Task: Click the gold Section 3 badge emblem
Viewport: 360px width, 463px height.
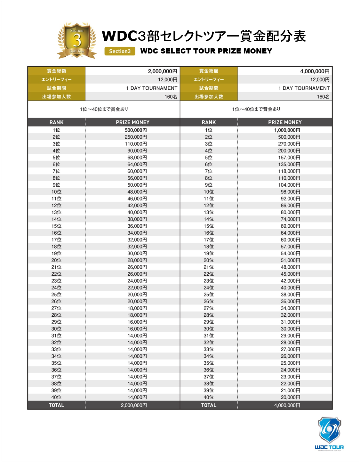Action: (x=77, y=40)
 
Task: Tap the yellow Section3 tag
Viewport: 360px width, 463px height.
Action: (x=120, y=51)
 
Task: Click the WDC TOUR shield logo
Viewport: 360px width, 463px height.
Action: (x=329, y=430)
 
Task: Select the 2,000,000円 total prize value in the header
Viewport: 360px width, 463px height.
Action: (x=162, y=71)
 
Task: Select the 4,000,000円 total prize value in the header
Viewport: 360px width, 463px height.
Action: (x=315, y=71)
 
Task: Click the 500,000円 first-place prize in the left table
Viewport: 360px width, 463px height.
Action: (x=136, y=130)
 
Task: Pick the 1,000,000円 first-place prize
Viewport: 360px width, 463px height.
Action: (x=287, y=130)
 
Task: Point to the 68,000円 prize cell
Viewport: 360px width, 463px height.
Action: (x=137, y=158)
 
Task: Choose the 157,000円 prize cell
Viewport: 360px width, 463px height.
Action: (x=289, y=158)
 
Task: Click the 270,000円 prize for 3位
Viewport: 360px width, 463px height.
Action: (x=289, y=144)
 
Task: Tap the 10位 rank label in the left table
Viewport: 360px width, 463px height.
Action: (x=56, y=192)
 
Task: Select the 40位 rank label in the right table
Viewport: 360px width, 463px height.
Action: (x=209, y=397)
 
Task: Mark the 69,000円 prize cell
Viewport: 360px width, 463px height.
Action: (x=290, y=226)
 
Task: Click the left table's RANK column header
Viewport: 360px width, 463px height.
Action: (x=56, y=122)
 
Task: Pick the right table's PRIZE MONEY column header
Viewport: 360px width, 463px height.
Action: (x=285, y=122)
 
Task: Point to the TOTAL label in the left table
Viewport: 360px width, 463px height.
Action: (x=56, y=405)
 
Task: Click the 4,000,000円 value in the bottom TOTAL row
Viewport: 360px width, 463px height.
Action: (x=287, y=405)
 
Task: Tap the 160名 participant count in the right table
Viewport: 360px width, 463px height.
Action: (x=323, y=97)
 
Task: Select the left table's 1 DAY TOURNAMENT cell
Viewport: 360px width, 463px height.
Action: (x=152, y=88)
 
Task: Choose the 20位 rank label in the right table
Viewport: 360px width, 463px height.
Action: (x=209, y=260)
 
